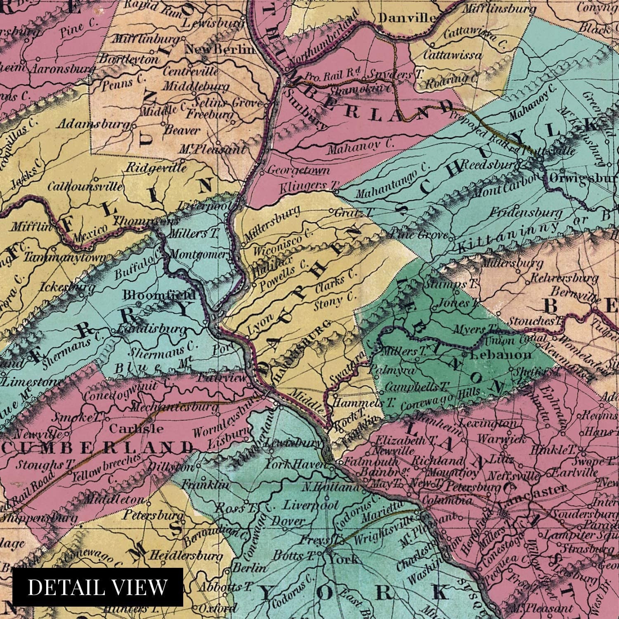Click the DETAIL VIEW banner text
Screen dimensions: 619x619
pyautogui.click(x=97, y=587)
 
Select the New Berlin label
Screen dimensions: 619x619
pyautogui.click(x=220, y=49)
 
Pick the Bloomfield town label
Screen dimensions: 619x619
pyautogui.click(x=159, y=295)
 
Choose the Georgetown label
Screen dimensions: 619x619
pyautogui.click(x=299, y=170)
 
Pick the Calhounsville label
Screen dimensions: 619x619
pyautogui.click(x=85, y=186)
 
